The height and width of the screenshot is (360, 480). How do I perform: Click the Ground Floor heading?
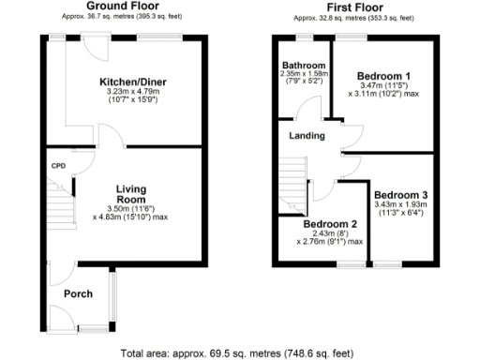click(121, 6)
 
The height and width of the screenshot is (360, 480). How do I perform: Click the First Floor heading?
click(353, 6)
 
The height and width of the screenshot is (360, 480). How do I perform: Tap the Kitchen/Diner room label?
click(134, 82)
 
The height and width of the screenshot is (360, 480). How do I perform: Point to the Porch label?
click(77, 294)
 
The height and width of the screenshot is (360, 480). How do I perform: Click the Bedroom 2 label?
click(329, 224)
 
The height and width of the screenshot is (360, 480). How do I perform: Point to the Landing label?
click(307, 136)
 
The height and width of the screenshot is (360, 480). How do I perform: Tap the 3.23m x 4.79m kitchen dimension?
click(134, 93)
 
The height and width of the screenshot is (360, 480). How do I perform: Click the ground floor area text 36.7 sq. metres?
click(121, 17)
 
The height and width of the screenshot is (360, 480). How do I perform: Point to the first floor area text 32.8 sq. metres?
click(353, 17)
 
